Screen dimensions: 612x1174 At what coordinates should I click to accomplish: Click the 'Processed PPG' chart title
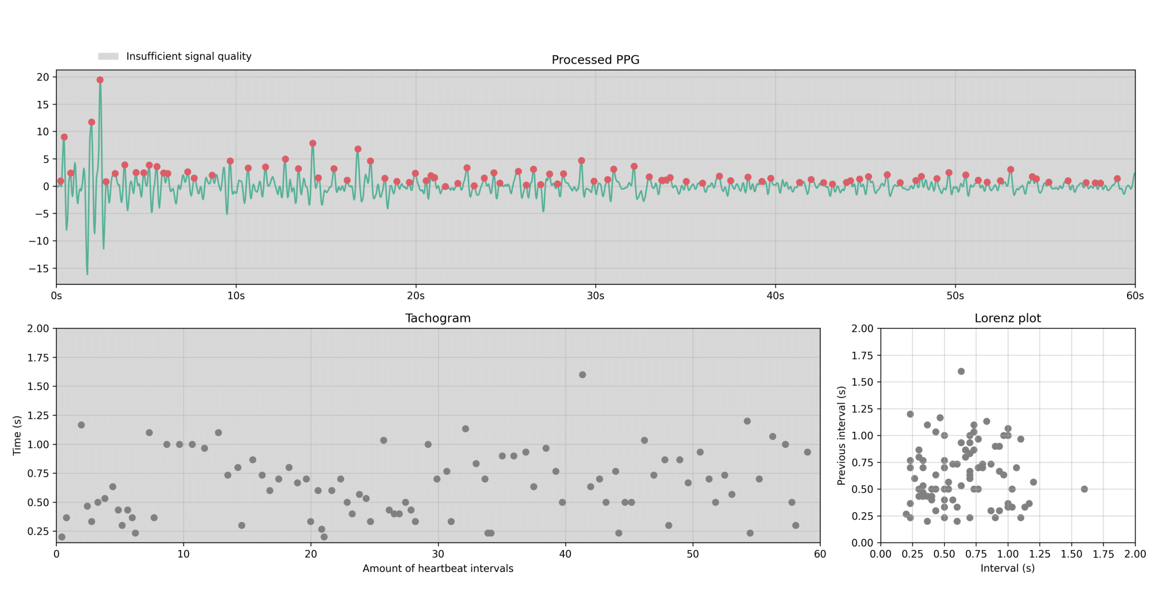click(595, 60)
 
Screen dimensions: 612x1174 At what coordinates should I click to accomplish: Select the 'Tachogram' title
click(438, 318)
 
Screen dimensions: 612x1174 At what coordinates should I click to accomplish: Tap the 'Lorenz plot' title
click(1007, 318)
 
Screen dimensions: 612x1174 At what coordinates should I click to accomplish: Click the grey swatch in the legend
click(108, 56)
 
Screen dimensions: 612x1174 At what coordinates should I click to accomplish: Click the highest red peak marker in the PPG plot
click(100, 80)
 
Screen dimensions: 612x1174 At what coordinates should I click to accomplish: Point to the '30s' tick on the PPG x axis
click(595, 296)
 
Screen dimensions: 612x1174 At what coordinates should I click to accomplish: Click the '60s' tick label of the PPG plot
click(1134, 296)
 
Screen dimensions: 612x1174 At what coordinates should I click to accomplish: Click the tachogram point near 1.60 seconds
click(582, 375)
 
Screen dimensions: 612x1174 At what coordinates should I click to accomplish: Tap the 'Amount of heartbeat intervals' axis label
click(438, 568)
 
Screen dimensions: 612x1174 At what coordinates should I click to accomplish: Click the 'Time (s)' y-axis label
click(17, 435)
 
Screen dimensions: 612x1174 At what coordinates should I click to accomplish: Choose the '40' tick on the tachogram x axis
click(566, 554)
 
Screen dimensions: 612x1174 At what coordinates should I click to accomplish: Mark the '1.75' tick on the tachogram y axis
click(39, 357)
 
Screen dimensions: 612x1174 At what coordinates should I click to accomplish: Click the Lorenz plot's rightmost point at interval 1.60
click(1084, 489)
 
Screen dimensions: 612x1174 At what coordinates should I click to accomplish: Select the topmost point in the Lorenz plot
click(961, 372)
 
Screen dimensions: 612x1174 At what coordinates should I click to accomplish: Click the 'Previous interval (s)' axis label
click(841, 435)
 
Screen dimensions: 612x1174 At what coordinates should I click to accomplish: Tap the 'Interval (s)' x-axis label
click(1007, 568)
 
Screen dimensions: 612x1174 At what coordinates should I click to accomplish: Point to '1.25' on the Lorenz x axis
click(1039, 554)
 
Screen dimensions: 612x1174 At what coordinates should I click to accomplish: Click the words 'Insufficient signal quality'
click(189, 56)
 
